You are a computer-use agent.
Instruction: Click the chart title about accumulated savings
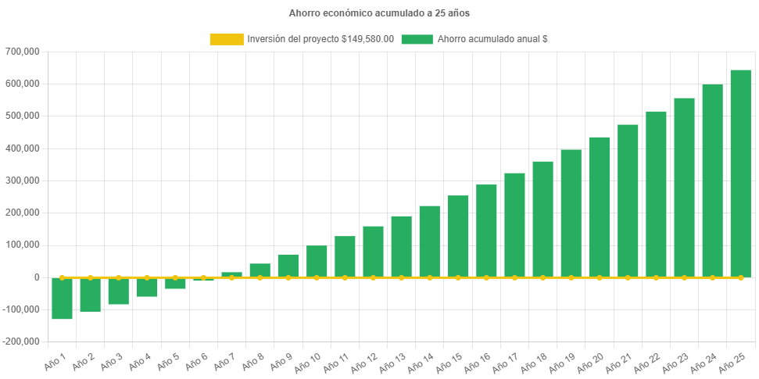[379, 13]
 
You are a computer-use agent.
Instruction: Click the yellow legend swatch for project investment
[226, 39]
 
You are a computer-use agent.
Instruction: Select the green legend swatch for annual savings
[417, 39]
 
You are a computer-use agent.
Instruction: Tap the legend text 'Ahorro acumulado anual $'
[492, 39]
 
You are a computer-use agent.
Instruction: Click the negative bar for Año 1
[63, 299]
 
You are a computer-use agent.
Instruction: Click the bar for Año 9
[288, 265]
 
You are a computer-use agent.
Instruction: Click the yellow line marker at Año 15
[458, 277]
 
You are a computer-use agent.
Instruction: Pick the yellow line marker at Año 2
[91, 277]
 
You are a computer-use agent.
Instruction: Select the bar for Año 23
[684, 188]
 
